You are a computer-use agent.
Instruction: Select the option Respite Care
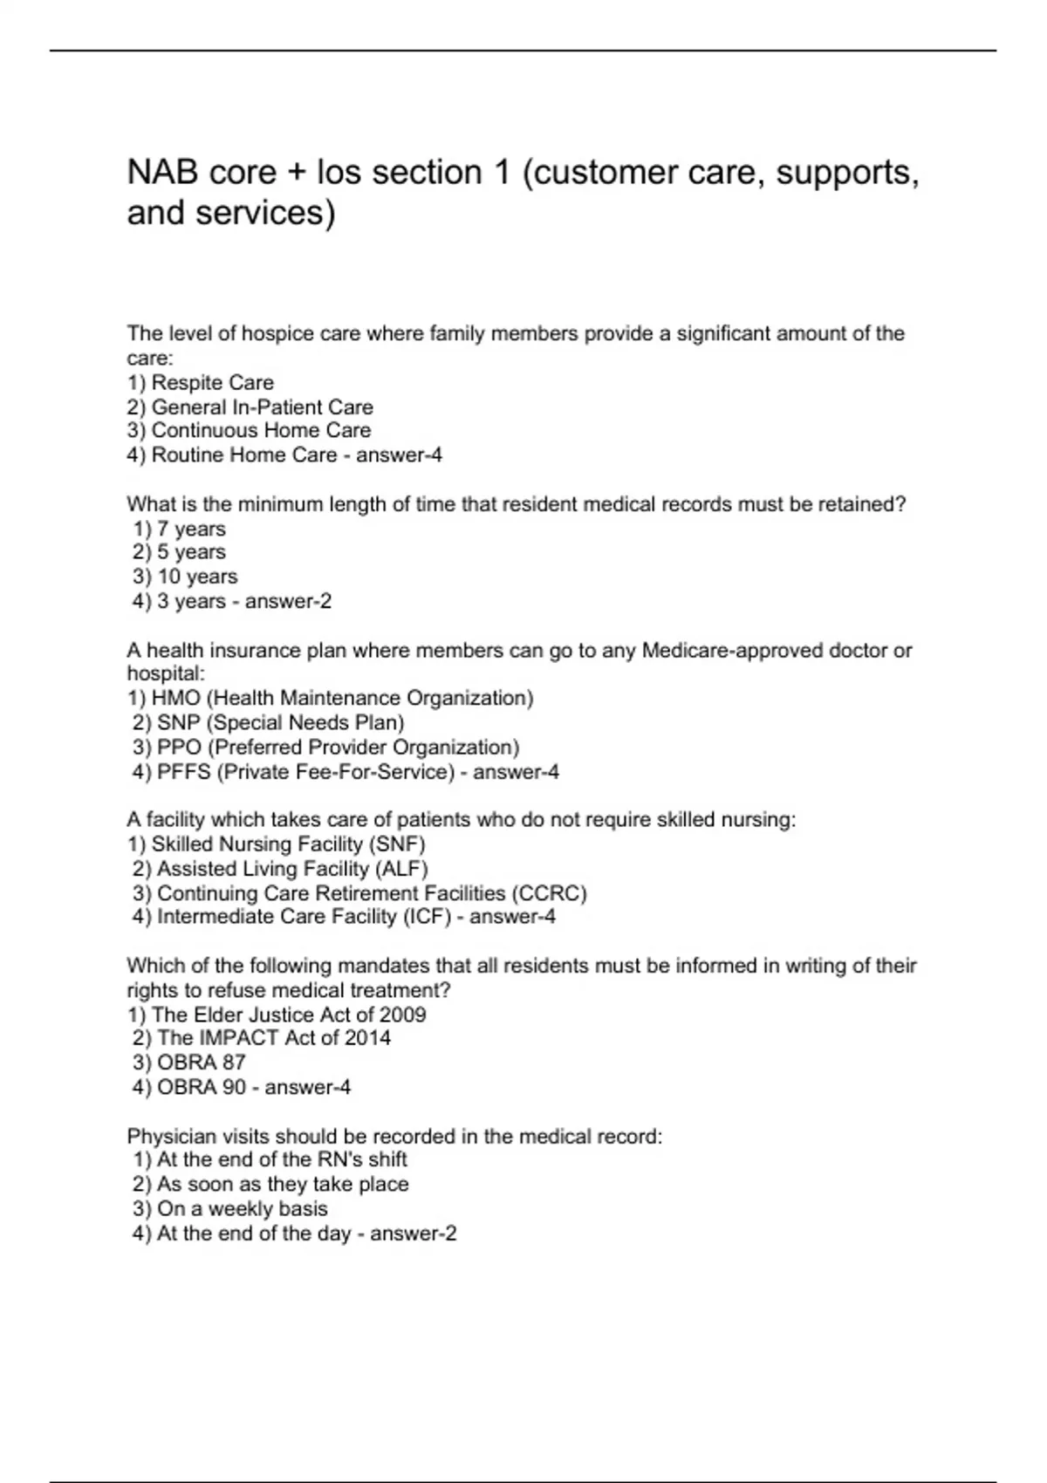tap(212, 382)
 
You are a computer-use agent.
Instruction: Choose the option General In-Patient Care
tap(262, 407)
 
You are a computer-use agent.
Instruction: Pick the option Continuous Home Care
tap(261, 430)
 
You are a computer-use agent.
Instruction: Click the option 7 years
tap(191, 529)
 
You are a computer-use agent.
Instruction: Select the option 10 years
tap(196, 577)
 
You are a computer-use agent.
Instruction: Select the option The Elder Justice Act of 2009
tap(289, 1015)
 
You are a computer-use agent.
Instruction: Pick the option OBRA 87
tap(202, 1062)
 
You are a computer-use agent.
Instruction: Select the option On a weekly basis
tap(242, 1209)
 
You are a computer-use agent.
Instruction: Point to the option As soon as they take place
tap(283, 1184)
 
